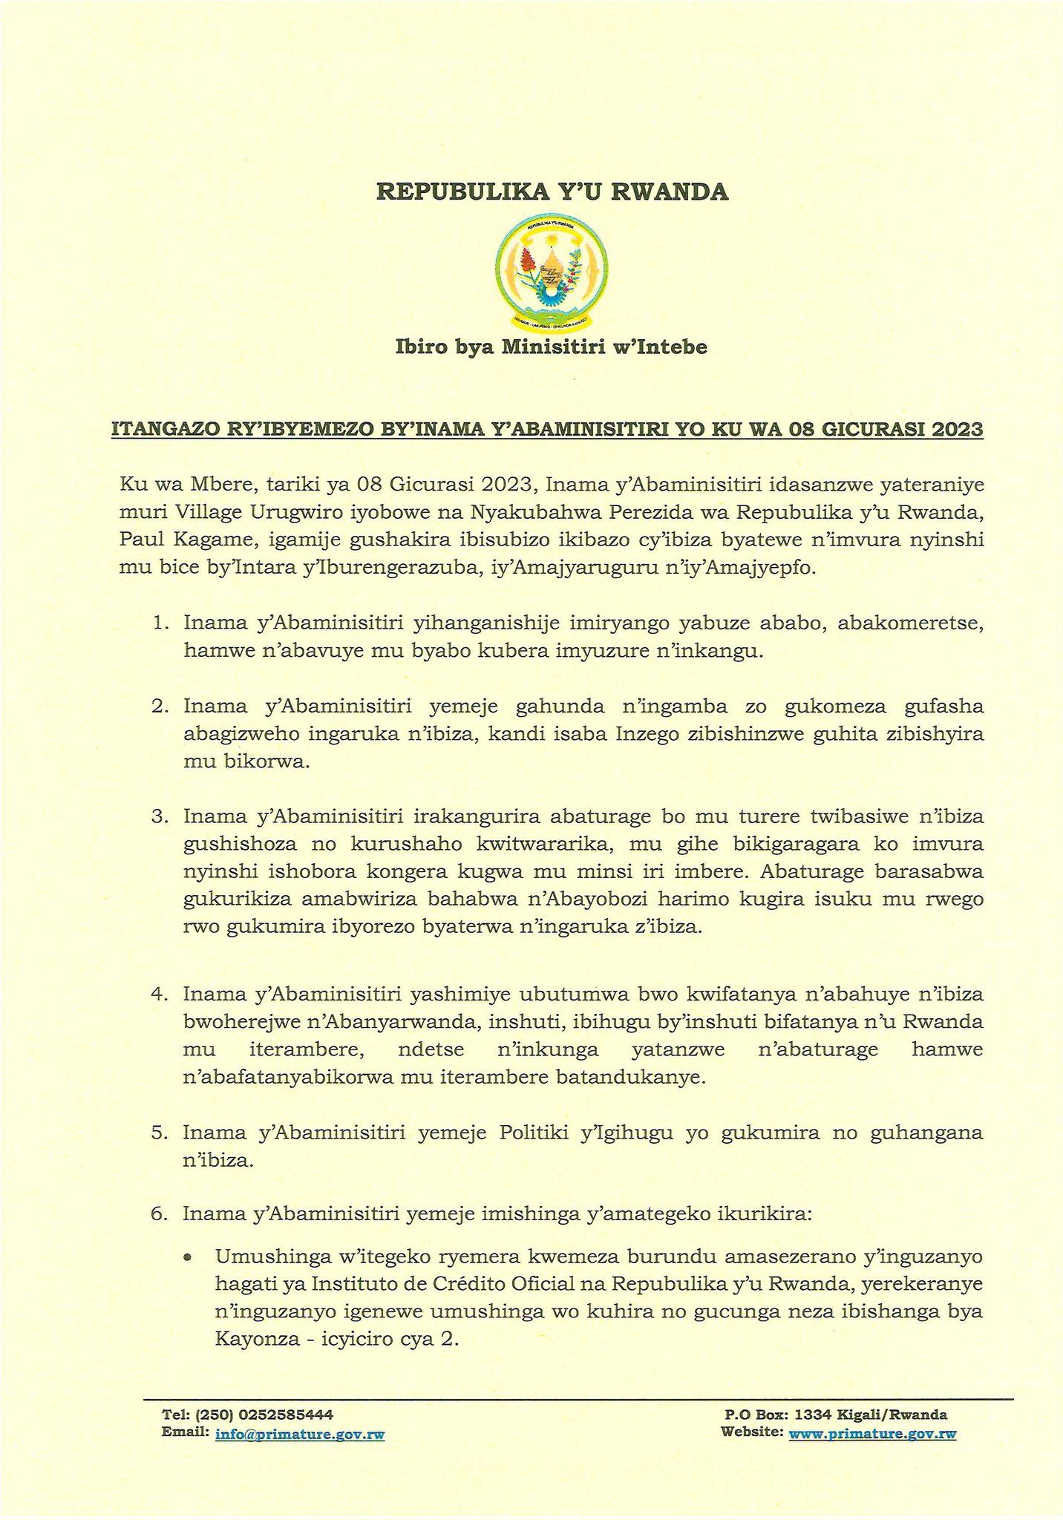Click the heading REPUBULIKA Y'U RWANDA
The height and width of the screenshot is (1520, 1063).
(x=553, y=192)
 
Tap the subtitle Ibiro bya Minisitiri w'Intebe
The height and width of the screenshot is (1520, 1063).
(x=551, y=347)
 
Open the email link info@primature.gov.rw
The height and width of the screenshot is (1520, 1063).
(x=300, y=1435)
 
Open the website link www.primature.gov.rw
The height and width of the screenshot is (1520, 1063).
(x=872, y=1434)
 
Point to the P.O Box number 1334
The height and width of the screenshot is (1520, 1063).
(x=825, y=1415)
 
